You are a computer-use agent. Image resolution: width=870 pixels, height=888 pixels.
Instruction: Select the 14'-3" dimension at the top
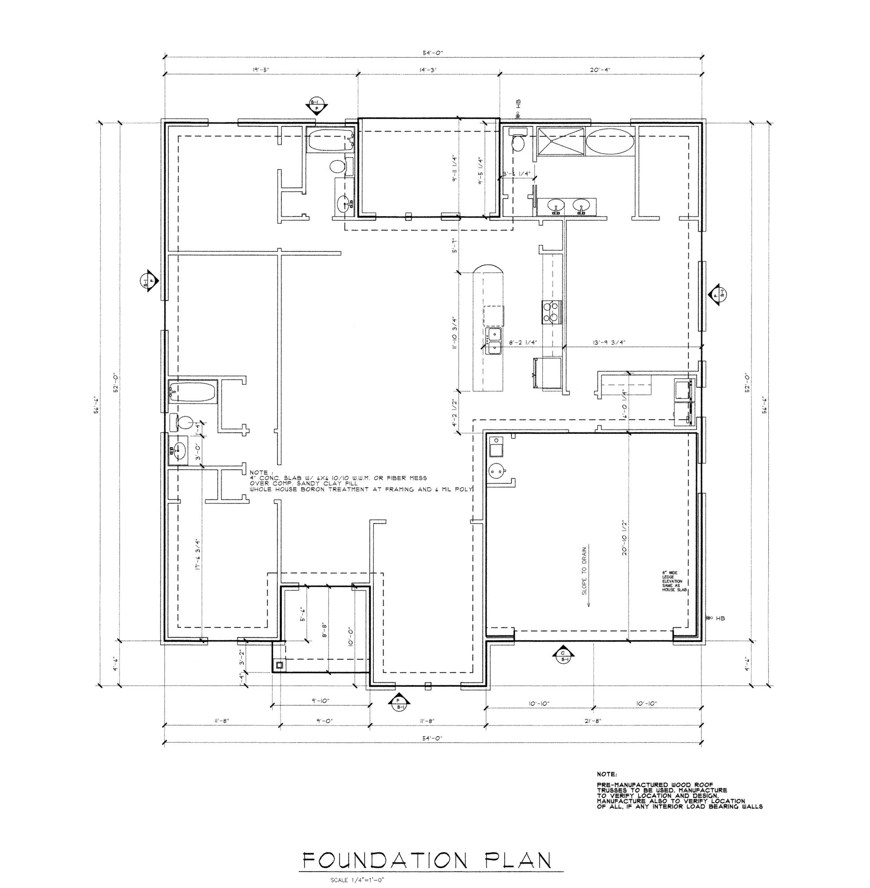click(428, 70)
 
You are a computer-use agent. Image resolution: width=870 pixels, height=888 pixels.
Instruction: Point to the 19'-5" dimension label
click(261, 70)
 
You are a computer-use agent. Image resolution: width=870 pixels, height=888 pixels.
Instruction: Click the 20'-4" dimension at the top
click(601, 70)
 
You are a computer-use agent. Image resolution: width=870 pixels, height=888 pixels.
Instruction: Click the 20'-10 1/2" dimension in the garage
click(623, 540)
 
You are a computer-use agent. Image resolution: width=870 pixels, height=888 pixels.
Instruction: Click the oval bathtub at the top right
click(609, 142)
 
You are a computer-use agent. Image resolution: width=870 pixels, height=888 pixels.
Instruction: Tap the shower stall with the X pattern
click(560, 142)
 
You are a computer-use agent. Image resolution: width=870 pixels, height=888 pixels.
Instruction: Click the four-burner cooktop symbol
click(551, 312)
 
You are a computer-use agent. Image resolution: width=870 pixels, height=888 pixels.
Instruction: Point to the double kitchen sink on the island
click(494, 341)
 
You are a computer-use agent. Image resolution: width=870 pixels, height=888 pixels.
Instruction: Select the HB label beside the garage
click(720, 618)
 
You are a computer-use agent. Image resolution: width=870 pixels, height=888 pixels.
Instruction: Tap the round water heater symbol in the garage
click(496, 470)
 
